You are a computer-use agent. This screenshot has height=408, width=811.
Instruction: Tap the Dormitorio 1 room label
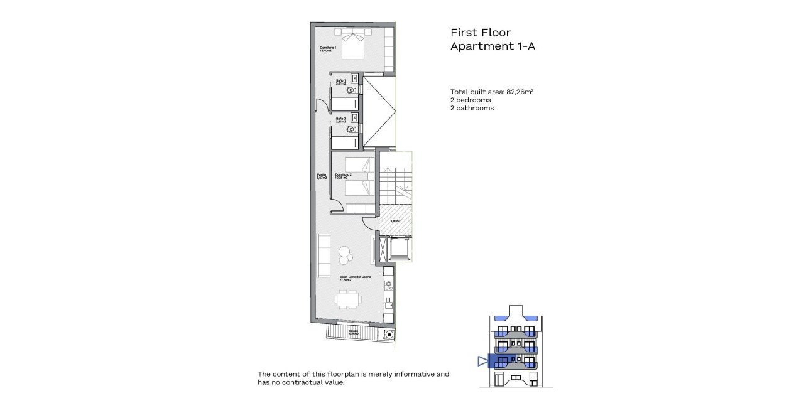tap(328, 50)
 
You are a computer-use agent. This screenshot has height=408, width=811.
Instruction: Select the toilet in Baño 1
tap(353, 90)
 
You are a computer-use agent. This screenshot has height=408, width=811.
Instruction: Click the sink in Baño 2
tap(354, 117)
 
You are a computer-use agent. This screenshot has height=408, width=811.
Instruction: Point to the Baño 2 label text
tap(340, 120)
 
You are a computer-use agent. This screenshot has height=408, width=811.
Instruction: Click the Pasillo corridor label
tap(322, 176)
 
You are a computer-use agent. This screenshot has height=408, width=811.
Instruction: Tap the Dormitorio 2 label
tap(343, 176)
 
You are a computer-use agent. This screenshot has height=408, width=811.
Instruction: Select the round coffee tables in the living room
tap(345, 254)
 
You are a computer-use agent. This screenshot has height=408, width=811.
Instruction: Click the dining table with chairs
tap(347, 300)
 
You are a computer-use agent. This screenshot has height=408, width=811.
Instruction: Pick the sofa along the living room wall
tap(324, 255)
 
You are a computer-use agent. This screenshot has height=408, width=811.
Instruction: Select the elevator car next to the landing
tap(400, 249)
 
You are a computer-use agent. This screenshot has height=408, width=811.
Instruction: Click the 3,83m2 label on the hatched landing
tap(396, 220)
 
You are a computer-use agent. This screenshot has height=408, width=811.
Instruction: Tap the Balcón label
tap(353, 332)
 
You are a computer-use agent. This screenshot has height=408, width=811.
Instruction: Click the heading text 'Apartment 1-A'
tap(493, 46)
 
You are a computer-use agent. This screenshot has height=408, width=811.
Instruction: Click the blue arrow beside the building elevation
tap(482, 361)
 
